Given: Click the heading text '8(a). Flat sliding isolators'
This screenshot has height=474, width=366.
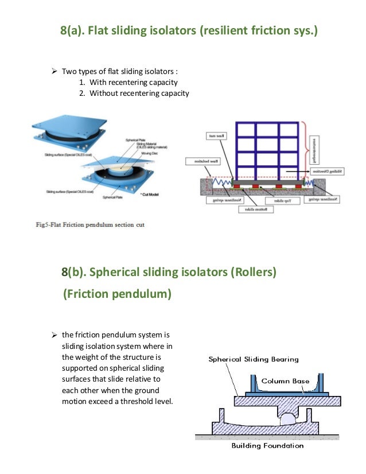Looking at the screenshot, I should click(x=129, y=30).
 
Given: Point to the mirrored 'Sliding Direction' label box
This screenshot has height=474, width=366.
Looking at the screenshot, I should click(x=328, y=171).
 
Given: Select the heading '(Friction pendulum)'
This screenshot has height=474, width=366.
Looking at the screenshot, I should click(x=117, y=294).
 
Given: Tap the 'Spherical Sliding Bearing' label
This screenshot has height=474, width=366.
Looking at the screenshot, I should click(x=253, y=359).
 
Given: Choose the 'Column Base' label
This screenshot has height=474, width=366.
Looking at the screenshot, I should click(x=285, y=380).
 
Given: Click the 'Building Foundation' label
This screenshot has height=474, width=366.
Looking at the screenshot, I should click(x=267, y=445).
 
